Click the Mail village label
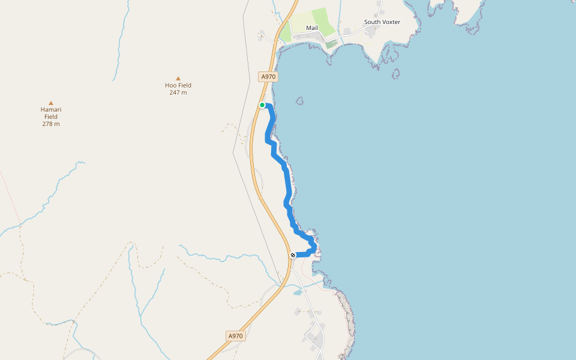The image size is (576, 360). [x=312, y=28]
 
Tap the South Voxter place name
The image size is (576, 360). [x=382, y=22]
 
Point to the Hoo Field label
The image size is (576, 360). [x=178, y=85]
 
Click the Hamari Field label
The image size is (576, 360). [x=51, y=113]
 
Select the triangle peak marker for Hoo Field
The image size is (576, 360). [x=178, y=78]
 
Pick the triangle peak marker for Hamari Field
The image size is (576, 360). [x=51, y=103]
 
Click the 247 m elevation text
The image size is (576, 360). [x=178, y=92]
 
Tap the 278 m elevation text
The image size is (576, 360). [x=51, y=124]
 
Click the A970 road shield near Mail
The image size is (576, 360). [x=268, y=77]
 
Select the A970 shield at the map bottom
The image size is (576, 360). [x=235, y=336]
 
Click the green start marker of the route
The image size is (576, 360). [x=262, y=105]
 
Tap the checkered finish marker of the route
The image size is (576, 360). [x=293, y=255]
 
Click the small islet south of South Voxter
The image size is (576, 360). [x=396, y=74]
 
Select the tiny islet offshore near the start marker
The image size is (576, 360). [x=299, y=100]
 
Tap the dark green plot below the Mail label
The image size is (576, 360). [x=331, y=44]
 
